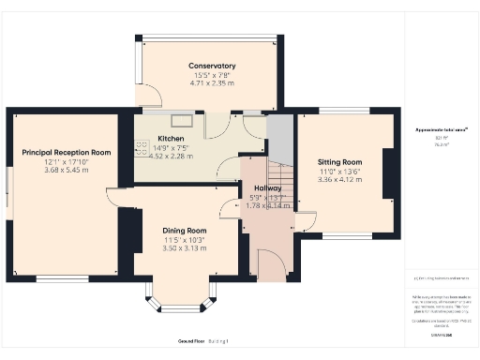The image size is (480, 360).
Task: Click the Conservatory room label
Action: pyautogui.click(x=211, y=66)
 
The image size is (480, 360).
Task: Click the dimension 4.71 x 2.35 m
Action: pyautogui.click(x=211, y=83)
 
